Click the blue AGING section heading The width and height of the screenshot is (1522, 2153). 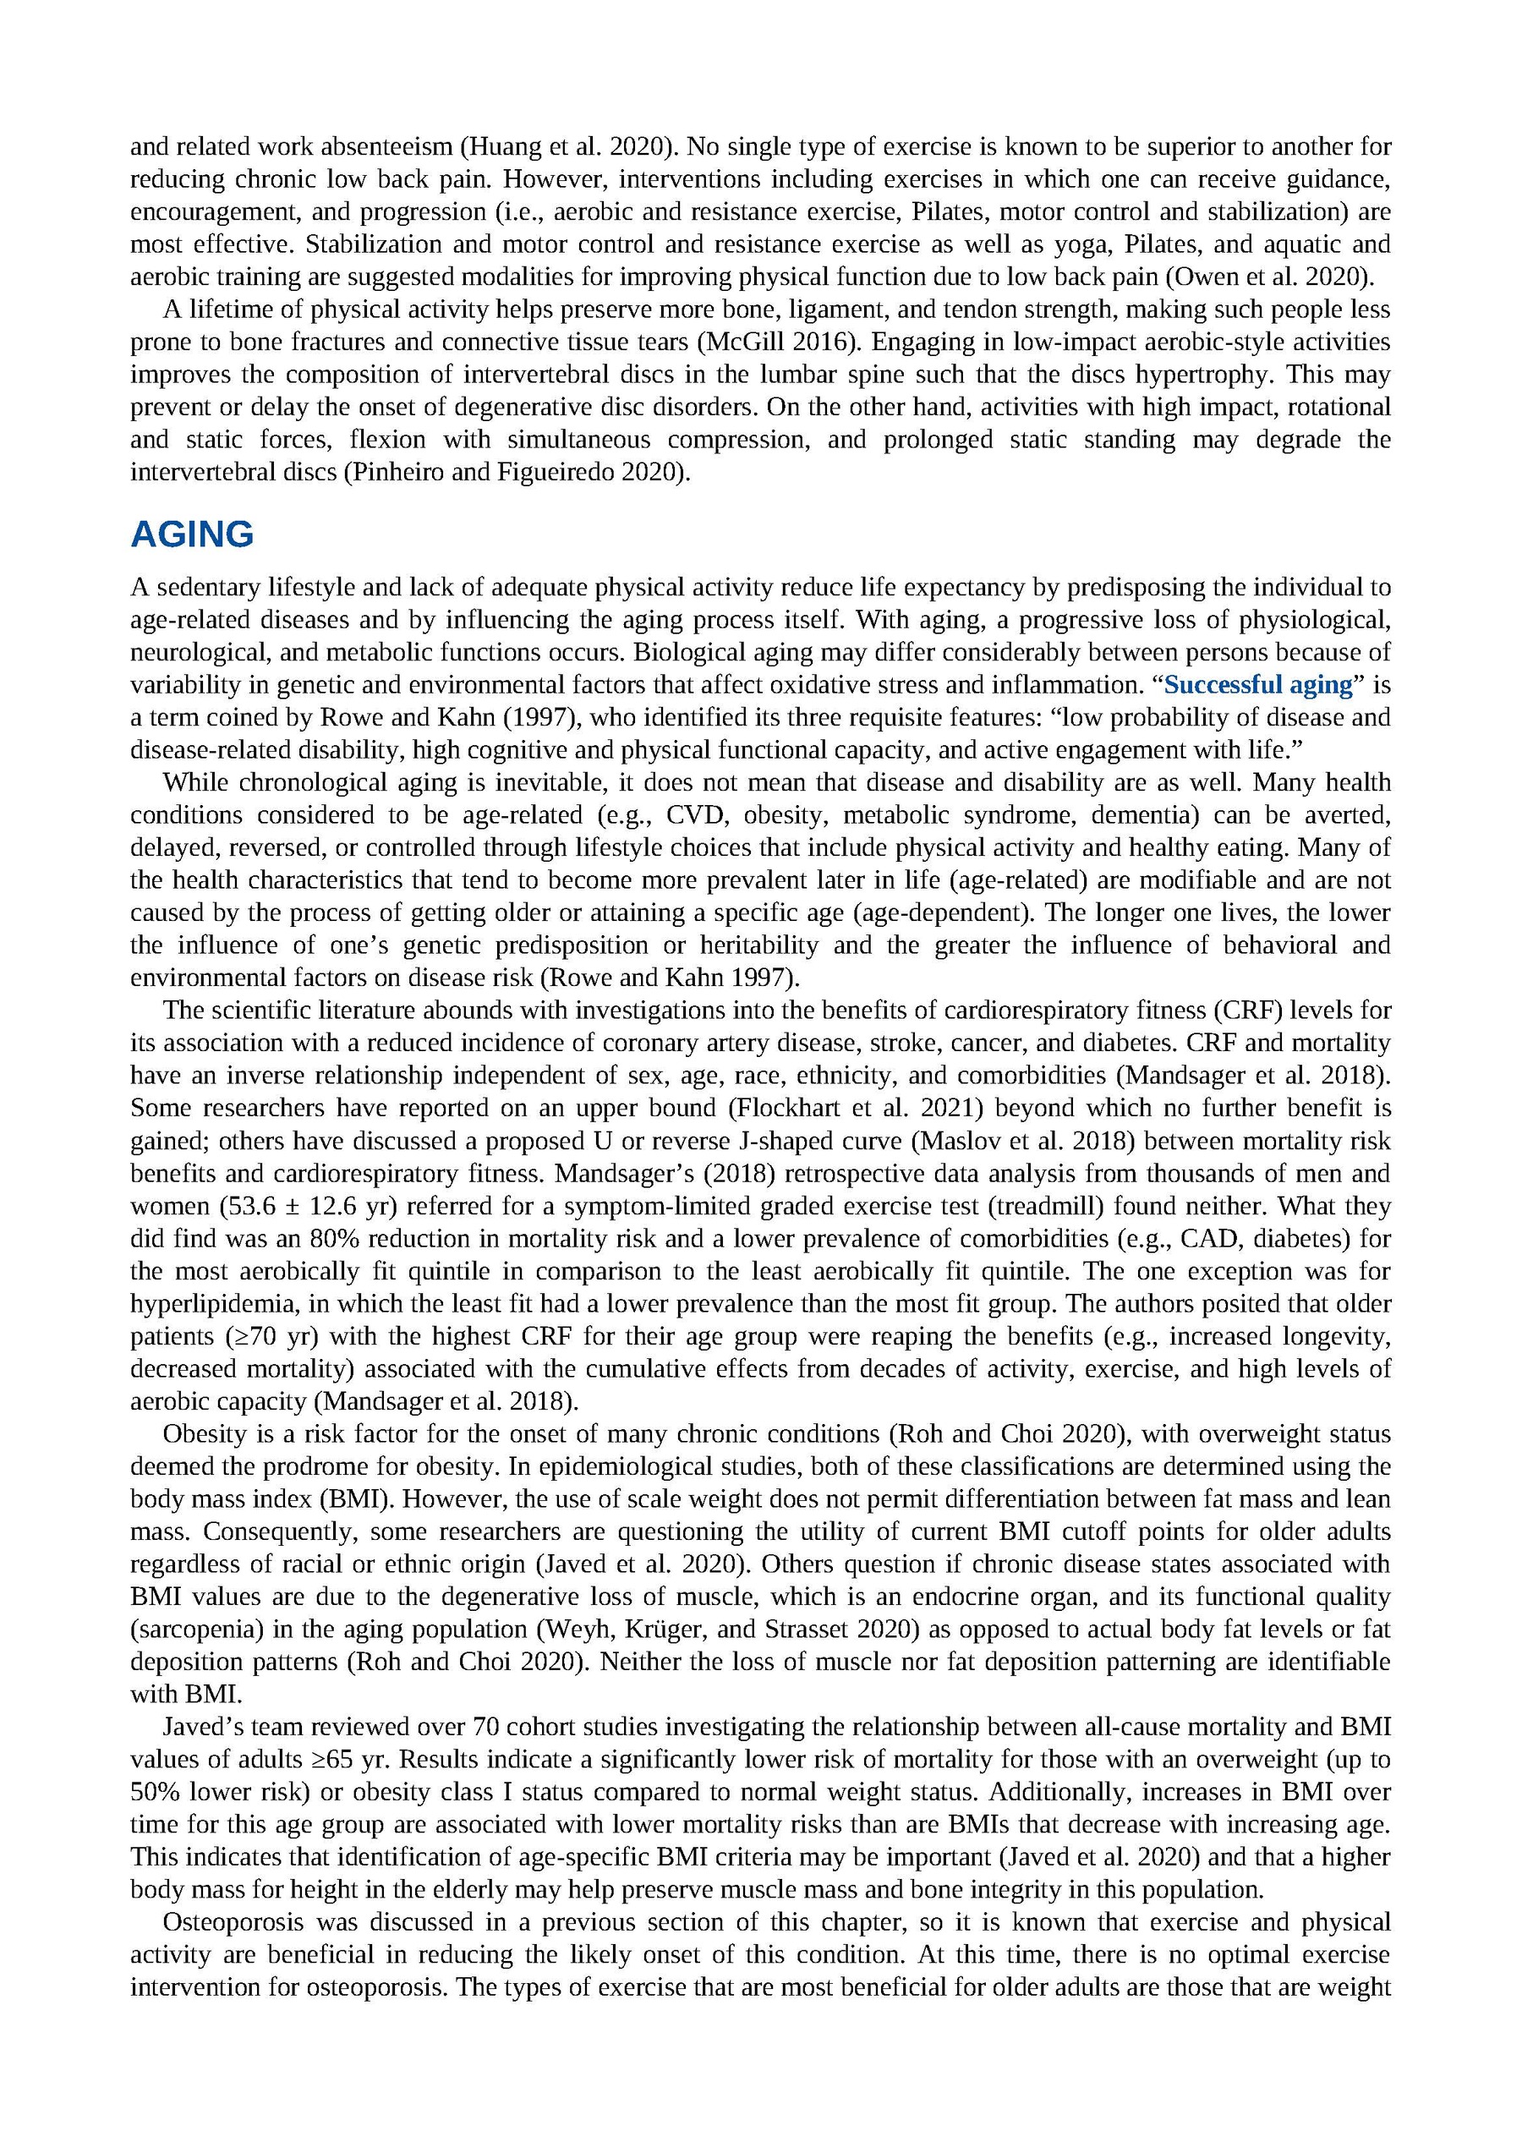point(192,534)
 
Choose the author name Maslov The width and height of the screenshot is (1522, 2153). point(944,1142)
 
